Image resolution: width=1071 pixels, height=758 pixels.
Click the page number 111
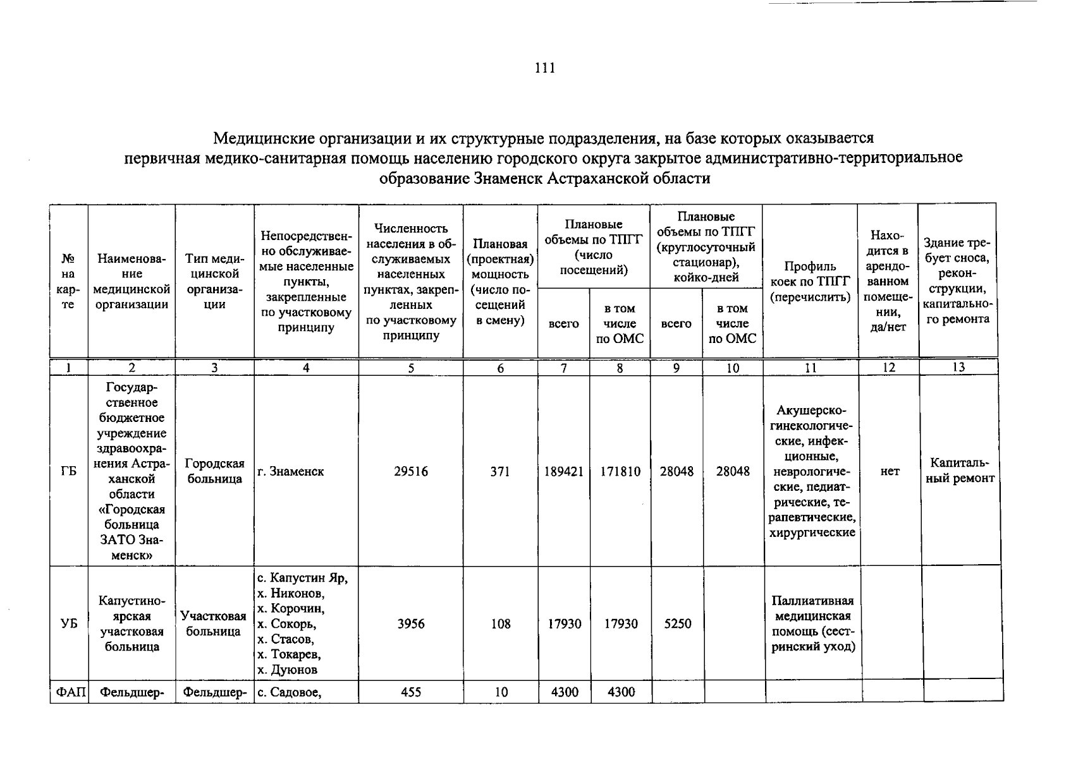click(544, 68)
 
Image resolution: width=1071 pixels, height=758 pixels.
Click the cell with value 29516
click(410, 472)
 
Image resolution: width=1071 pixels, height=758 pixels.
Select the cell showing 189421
click(563, 472)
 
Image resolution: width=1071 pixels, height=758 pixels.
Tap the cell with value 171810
click(620, 472)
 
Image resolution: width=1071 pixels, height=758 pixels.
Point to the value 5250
click(676, 624)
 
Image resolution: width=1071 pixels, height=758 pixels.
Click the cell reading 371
click(500, 472)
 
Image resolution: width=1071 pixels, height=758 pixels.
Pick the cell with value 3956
click(410, 624)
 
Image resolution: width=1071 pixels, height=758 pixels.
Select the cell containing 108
click(500, 624)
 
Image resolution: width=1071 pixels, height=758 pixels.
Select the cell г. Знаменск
click(291, 472)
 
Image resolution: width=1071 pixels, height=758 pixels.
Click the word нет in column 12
click(890, 472)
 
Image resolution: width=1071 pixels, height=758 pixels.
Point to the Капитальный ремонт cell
click(960, 471)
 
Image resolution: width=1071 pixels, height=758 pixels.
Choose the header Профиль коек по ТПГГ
click(811, 281)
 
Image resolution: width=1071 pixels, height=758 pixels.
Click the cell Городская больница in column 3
click(214, 471)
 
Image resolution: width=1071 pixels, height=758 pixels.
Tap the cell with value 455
click(410, 692)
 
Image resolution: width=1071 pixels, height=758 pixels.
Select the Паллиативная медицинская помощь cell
click(812, 623)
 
